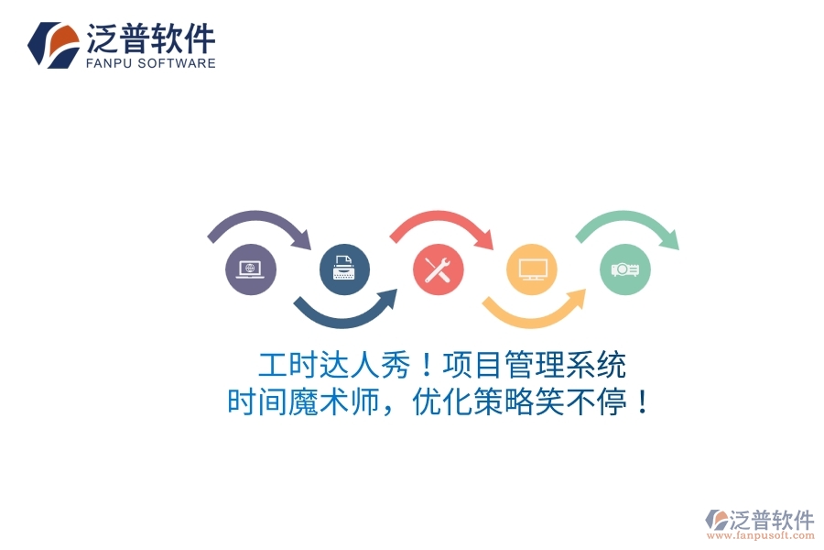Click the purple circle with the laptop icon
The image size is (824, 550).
pos(251,269)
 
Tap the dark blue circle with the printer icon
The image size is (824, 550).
pos(345,269)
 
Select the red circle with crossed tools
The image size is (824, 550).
pos(439,269)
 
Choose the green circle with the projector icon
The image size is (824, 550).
pos(626,269)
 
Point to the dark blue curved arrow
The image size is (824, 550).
pos(345,313)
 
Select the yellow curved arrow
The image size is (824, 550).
pos(533,313)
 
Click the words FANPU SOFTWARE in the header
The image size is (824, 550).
pos(151,63)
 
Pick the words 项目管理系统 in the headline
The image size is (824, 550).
pos(535,366)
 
